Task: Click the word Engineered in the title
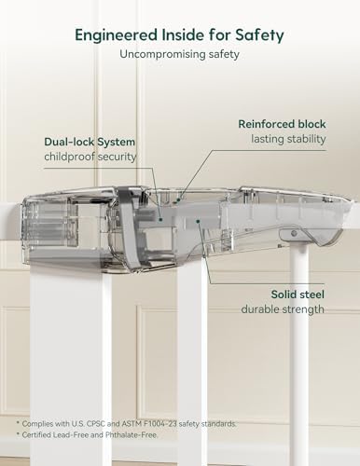(117, 35)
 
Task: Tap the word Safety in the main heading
(259, 35)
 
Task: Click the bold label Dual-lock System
(90, 142)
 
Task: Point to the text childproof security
(90, 157)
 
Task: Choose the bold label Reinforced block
(282, 124)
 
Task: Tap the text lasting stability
(288, 139)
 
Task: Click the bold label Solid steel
(298, 295)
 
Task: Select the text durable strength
(283, 309)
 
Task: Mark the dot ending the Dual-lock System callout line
(160, 219)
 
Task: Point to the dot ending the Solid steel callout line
(198, 221)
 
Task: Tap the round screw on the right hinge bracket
(294, 233)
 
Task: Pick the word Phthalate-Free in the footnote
(132, 435)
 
